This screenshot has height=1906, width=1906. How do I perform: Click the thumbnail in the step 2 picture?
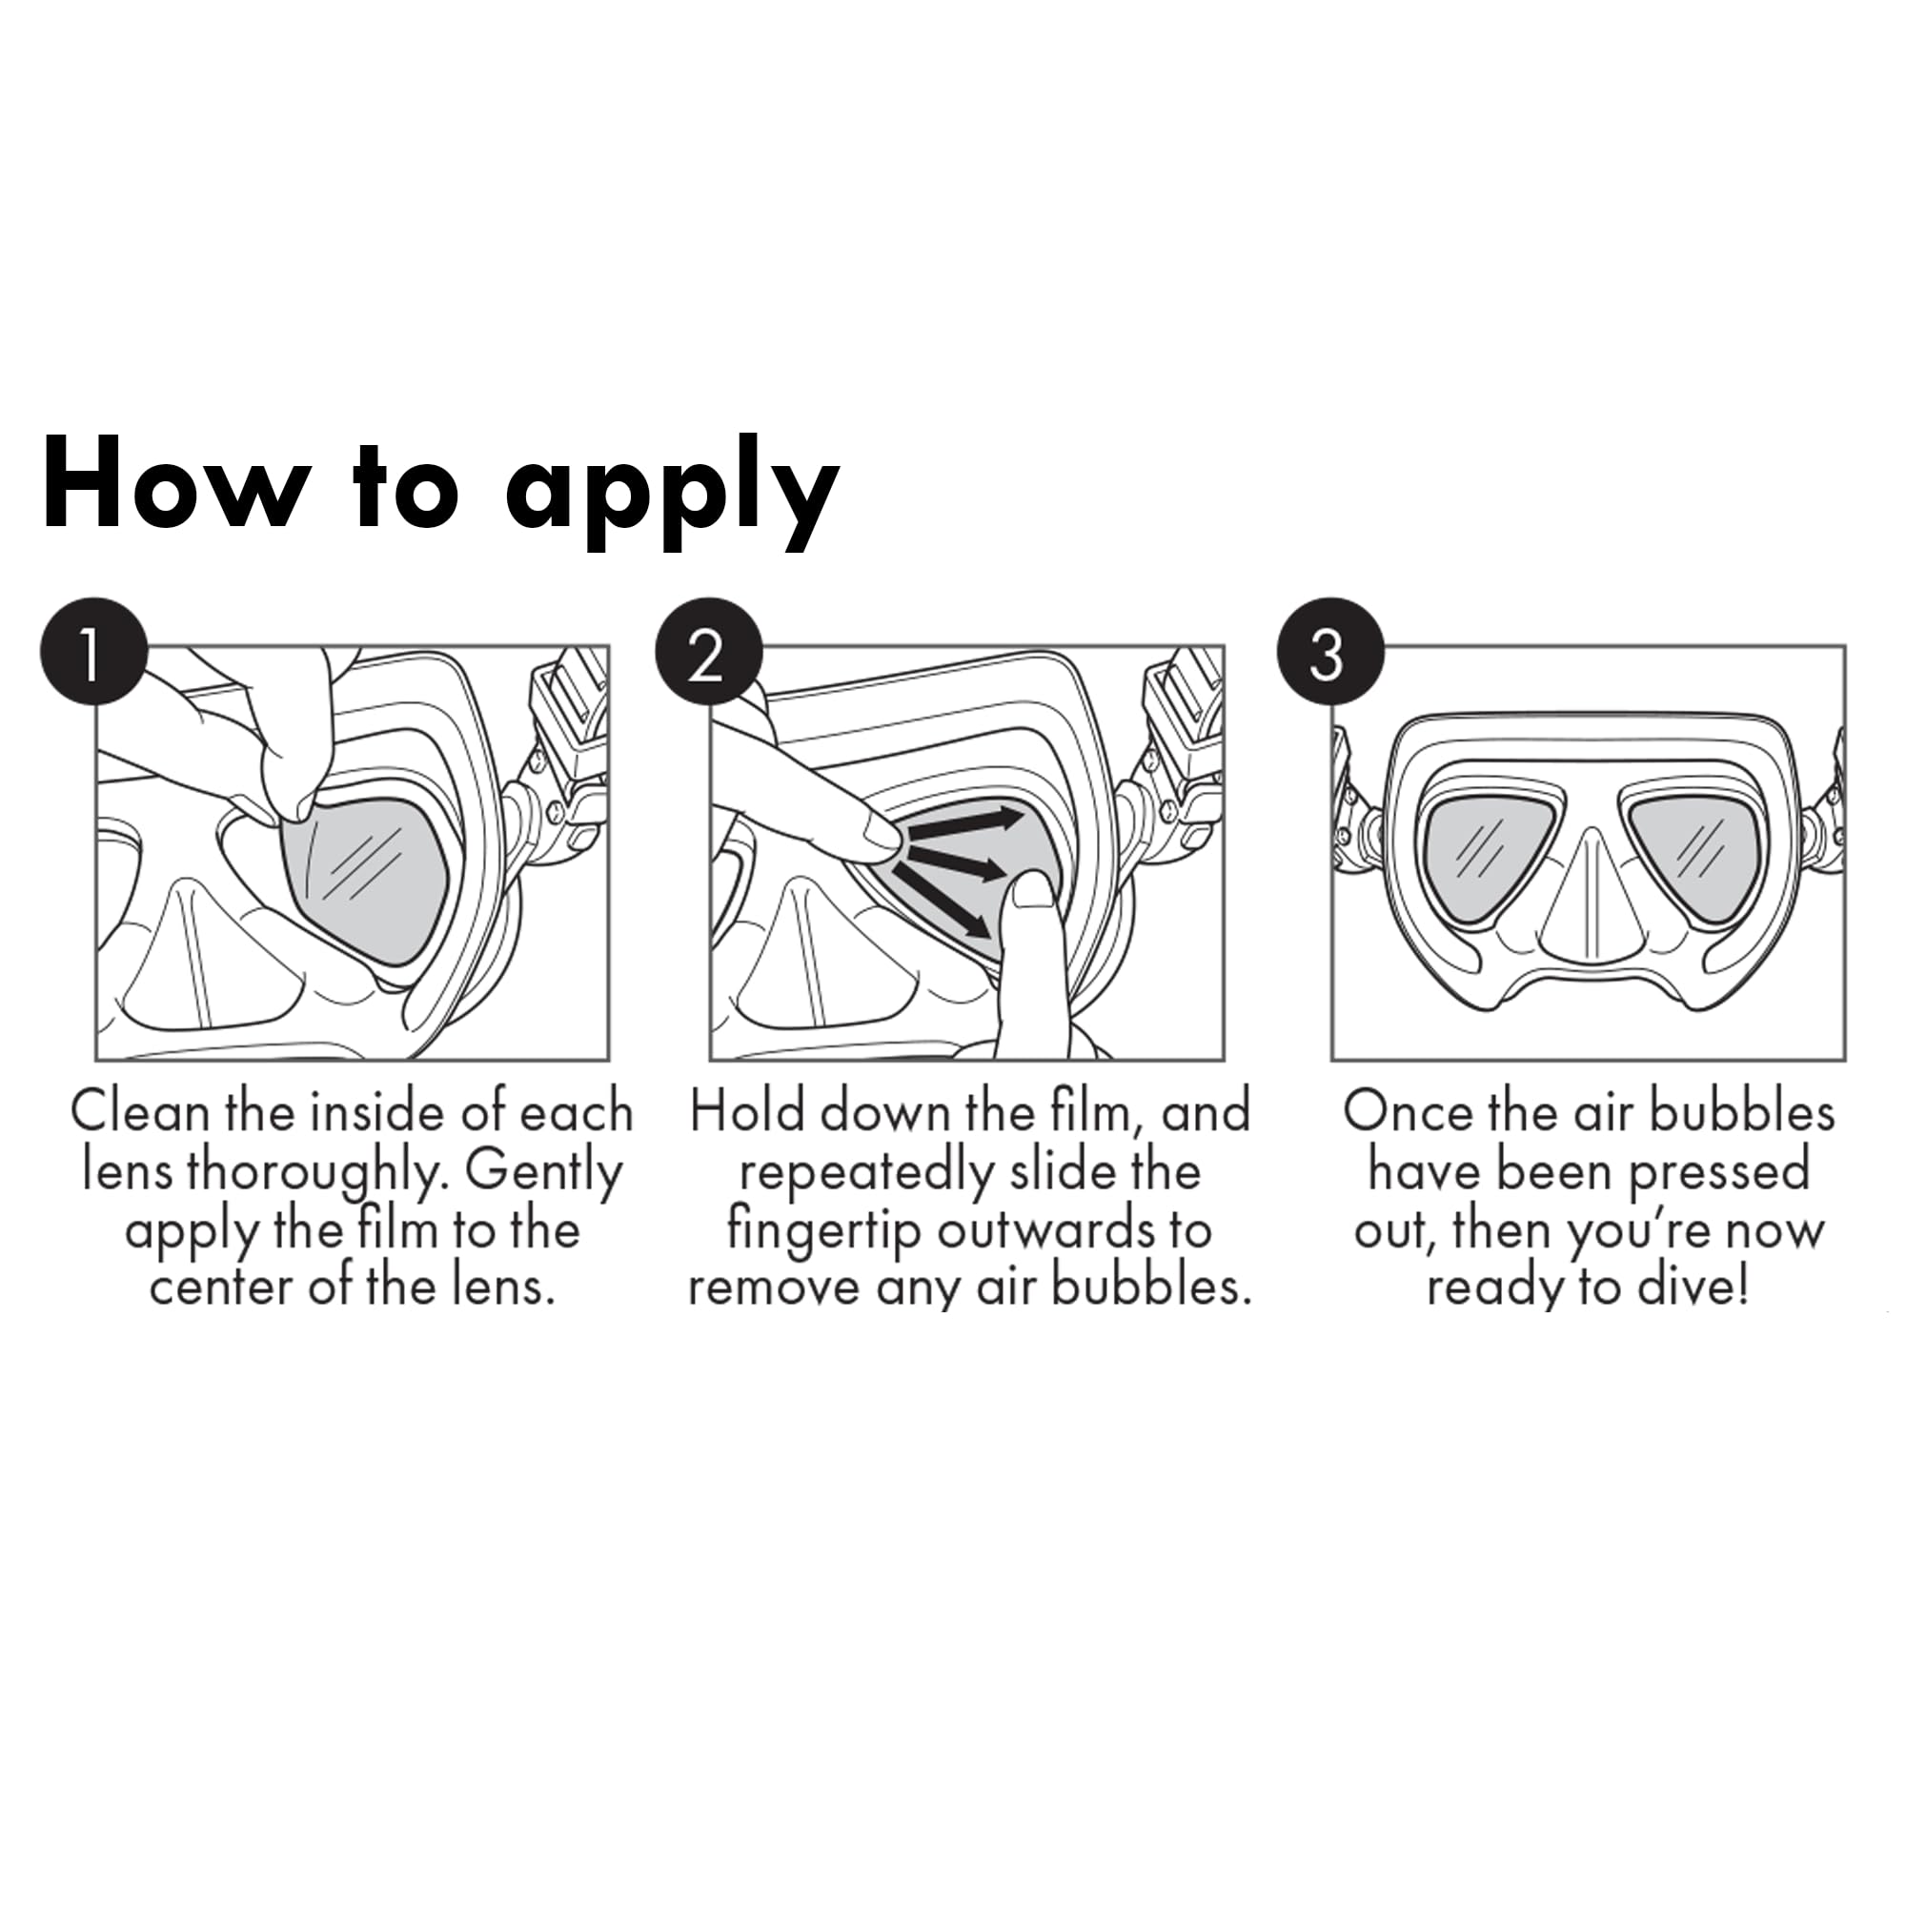click(1034, 891)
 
